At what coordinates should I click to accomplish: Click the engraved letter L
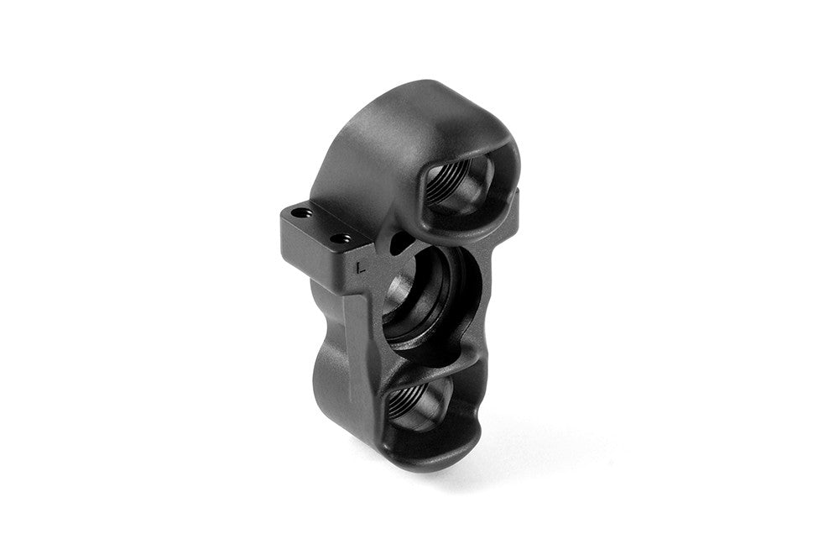pyautogui.click(x=359, y=268)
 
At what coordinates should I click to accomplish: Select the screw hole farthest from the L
pyautogui.click(x=300, y=213)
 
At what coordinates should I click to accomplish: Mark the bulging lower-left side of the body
pyautogui.click(x=331, y=395)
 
